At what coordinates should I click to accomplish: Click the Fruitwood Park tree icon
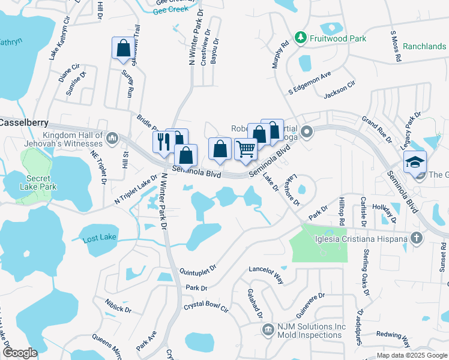301,38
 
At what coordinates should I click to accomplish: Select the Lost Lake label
100,238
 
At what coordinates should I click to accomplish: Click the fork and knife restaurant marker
162,143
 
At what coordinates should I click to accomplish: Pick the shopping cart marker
245,149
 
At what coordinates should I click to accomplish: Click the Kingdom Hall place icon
112,139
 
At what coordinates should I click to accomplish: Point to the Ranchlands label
424,46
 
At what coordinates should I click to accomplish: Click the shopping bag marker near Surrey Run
123,48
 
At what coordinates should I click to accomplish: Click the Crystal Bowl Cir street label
206,308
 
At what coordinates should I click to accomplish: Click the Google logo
20,353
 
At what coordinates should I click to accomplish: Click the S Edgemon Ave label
309,83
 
